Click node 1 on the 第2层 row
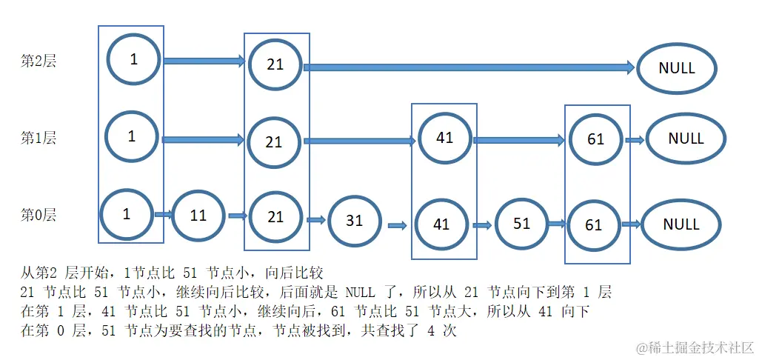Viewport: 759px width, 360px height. coord(133,59)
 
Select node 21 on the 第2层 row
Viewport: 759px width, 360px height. coord(275,64)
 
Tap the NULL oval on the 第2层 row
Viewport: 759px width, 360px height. coord(677,68)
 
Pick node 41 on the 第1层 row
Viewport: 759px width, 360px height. coord(445,138)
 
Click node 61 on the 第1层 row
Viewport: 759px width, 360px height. coord(596,139)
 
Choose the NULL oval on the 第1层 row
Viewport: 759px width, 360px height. coord(686,139)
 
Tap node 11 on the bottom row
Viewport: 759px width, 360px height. coord(198,216)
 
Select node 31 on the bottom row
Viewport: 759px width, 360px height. coord(355,221)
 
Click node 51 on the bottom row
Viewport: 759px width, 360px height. coord(522,223)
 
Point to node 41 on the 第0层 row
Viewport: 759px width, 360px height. coord(442,224)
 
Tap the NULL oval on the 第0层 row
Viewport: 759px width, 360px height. coord(681,224)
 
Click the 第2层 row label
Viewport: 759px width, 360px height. coord(39,61)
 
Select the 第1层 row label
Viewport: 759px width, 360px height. coord(39,138)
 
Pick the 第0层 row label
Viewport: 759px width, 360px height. coord(39,216)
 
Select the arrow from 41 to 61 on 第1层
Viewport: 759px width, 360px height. coord(518,139)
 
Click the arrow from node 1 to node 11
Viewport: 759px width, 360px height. coord(164,216)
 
